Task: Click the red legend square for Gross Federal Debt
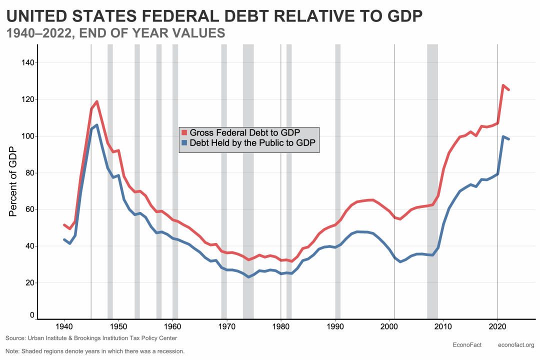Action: (x=184, y=132)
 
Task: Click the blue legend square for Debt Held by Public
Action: (x=184, y=143)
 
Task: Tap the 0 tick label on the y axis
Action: (x=31, y=315)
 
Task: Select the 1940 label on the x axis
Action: (x=64, y=327)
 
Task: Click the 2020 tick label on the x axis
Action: (x=497, y=327)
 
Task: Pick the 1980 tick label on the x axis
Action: (x=280, y=327)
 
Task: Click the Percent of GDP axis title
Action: (x=13, y=182)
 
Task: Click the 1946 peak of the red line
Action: (x=96, y=101)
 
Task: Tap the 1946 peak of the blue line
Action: (x=96, y=125)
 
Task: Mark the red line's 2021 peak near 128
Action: (x=503, y=85)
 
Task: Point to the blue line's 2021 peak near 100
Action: (x=503, y=136)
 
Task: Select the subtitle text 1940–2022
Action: (x=37, y=33)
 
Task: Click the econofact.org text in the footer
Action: (x=516, y=344)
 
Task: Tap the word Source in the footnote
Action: (x=16, y=338)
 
